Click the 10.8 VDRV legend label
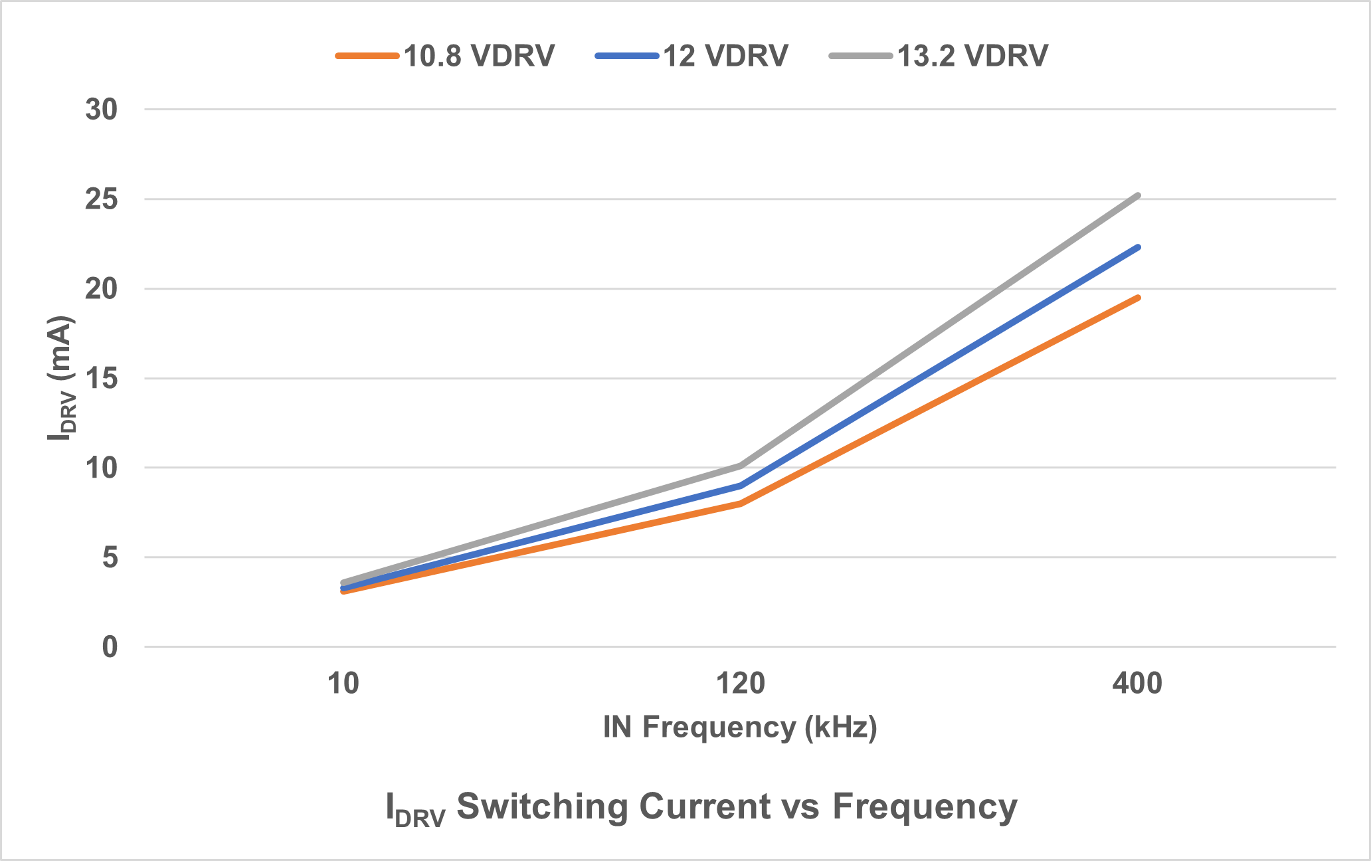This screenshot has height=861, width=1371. point(479,56)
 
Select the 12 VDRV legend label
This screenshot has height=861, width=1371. point(725,56)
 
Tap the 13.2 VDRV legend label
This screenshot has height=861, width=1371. point(972,56)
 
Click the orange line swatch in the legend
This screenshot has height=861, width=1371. point(367,56)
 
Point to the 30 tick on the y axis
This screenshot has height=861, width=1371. point(102,110)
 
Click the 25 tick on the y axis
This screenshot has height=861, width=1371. point(102,199)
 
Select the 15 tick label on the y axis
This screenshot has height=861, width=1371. point(102,379)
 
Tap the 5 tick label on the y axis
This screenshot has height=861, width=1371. point(110,557)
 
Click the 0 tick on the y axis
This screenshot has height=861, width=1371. point(110,647)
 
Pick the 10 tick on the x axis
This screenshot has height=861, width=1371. point(343,684)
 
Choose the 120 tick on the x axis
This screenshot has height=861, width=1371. point(740,684)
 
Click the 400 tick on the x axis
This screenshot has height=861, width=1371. point(1137,684)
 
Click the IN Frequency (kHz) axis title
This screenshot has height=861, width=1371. point(740,727)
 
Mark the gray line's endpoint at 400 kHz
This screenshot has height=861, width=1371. point(1138,195)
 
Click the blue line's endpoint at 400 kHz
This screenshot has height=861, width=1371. point(1138,247)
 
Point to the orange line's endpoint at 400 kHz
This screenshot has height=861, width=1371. point(1138,298)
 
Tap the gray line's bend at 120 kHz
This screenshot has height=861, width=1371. point(740,466)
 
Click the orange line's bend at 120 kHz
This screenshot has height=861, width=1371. point(740,504)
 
